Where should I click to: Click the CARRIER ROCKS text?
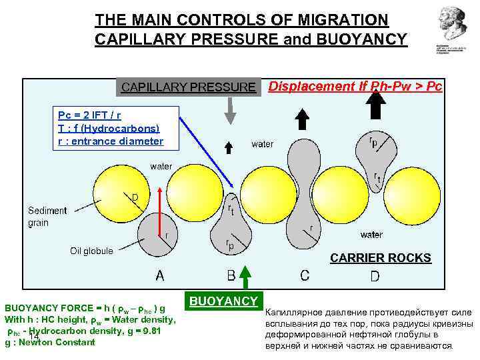381,257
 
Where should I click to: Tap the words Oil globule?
91,251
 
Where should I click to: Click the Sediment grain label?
47,217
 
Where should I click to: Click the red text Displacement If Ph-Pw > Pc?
355,87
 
